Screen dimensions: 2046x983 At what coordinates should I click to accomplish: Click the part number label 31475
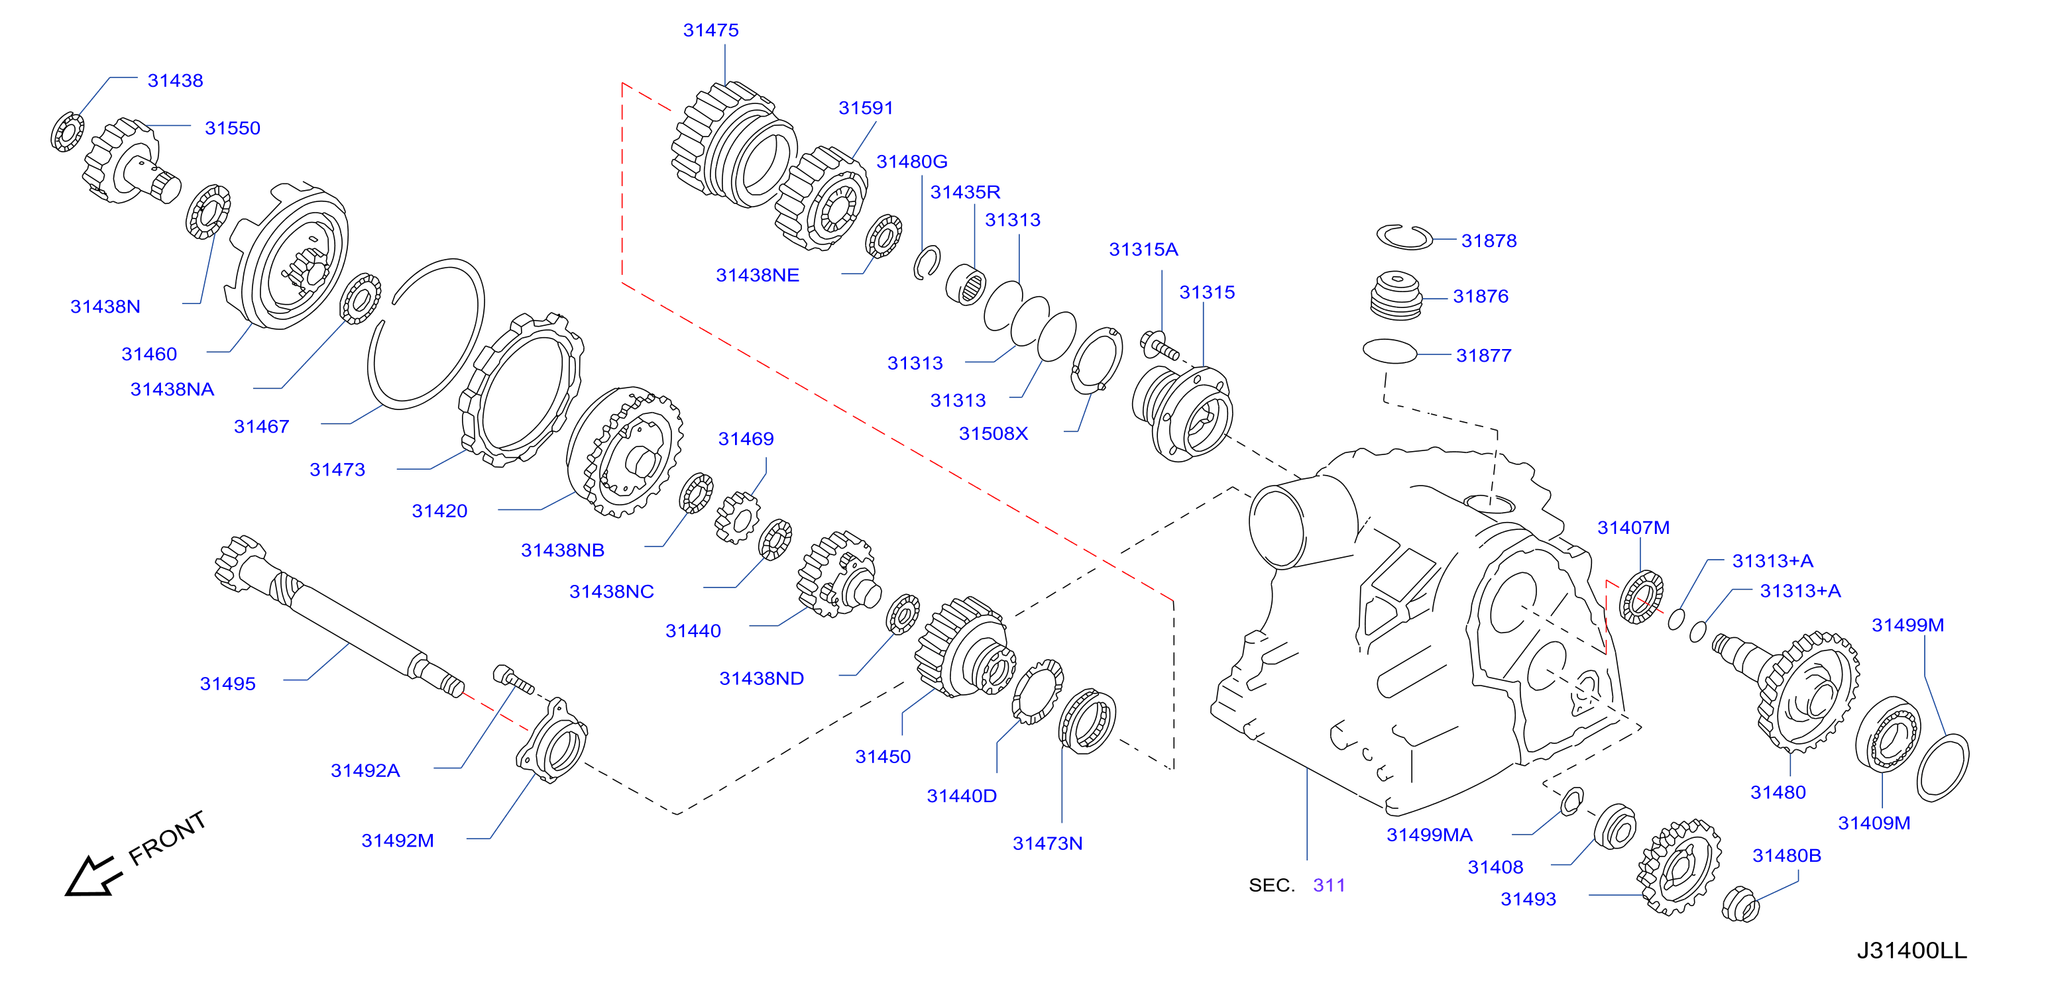(711, 30)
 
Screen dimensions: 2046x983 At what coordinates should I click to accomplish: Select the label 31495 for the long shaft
(228, 684)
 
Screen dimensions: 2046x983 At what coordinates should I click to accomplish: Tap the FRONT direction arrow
(93, 876)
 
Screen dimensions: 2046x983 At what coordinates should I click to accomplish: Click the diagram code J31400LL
(1911, 951)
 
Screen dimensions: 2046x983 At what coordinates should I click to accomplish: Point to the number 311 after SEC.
(1329, 886)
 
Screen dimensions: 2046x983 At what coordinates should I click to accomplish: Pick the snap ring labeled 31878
(1404, 236)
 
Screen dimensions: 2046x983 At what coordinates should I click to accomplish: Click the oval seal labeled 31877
(1389, 352)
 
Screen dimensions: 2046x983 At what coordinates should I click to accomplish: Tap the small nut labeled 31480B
(1740, 904)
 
